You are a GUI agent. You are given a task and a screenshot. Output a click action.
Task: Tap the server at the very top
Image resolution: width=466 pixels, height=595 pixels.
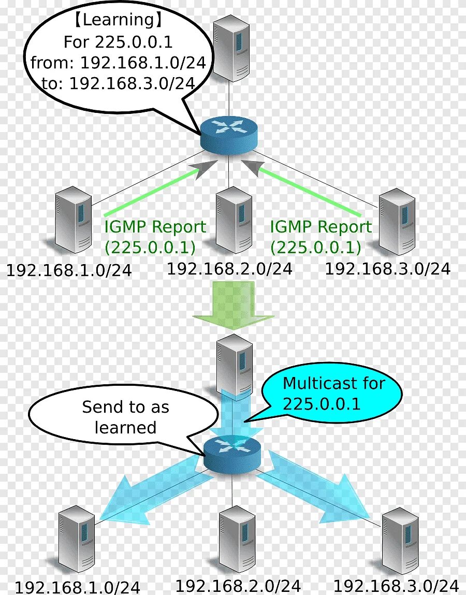click(231, 47)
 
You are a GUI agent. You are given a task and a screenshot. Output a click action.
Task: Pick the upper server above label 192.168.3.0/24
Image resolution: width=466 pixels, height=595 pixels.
click(397, 221)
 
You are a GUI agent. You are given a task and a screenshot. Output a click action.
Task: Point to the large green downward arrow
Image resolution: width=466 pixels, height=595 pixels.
click(233, 306)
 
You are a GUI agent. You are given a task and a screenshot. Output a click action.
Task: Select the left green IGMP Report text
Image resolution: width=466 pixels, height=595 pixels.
click(155, 227)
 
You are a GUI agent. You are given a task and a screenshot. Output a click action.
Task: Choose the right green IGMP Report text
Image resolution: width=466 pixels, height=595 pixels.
click(321, 227)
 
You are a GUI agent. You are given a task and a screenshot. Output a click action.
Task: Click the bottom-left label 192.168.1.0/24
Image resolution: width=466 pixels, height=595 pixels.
click(77, 587)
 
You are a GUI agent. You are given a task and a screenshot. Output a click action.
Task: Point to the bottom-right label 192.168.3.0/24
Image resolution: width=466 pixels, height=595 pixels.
click(396, 586)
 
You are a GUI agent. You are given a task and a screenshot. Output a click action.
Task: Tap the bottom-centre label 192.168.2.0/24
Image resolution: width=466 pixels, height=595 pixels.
click(238, 586)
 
